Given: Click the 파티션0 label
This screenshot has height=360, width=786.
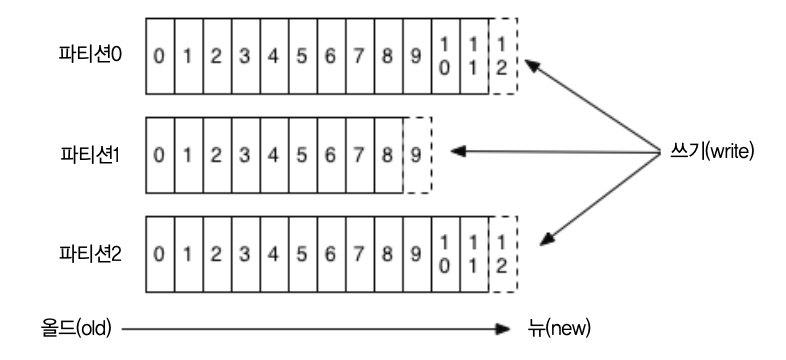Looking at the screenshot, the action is click(x=90, y=54).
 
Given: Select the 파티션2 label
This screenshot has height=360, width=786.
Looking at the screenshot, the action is click(x=90, y=254).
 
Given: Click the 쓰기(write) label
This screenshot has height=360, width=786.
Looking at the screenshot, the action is click(x=712, y=151).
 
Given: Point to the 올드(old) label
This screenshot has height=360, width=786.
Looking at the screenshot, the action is click(x=76, y=329).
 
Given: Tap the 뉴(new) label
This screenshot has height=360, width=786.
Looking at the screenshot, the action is click(x=559, y=329).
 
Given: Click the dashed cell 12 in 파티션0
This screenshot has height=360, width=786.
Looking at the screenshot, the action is click(x=503, y=56).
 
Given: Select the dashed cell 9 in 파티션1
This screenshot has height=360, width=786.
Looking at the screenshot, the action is click(x=417, y=155).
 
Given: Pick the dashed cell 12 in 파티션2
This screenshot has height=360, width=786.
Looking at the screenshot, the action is click(x=503, y=254).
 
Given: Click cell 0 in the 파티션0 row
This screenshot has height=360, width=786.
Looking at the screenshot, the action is click(x=160, y=56).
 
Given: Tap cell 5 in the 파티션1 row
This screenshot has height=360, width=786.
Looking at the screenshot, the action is click(x=302, y=155).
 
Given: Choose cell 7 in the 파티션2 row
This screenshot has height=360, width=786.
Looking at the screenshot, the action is click(x=359, y=254).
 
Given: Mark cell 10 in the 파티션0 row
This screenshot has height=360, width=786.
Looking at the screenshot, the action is click(x=445, y=56).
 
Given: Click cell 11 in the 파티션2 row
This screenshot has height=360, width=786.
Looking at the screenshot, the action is click(x=474, y=254).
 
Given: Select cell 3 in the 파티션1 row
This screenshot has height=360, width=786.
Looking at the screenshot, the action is click(x=245, y=155).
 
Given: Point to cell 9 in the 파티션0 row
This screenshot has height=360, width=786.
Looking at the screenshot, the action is click(x=417, y=56).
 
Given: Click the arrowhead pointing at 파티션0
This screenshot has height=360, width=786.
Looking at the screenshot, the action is click(x=532, y=66).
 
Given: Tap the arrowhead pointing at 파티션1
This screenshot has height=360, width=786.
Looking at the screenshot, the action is click(x=458, y=151).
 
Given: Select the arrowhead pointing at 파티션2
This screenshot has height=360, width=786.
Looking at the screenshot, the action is click(x=547, y=239).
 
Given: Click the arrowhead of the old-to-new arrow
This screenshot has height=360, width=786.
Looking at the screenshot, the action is click(x=502, y=329).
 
